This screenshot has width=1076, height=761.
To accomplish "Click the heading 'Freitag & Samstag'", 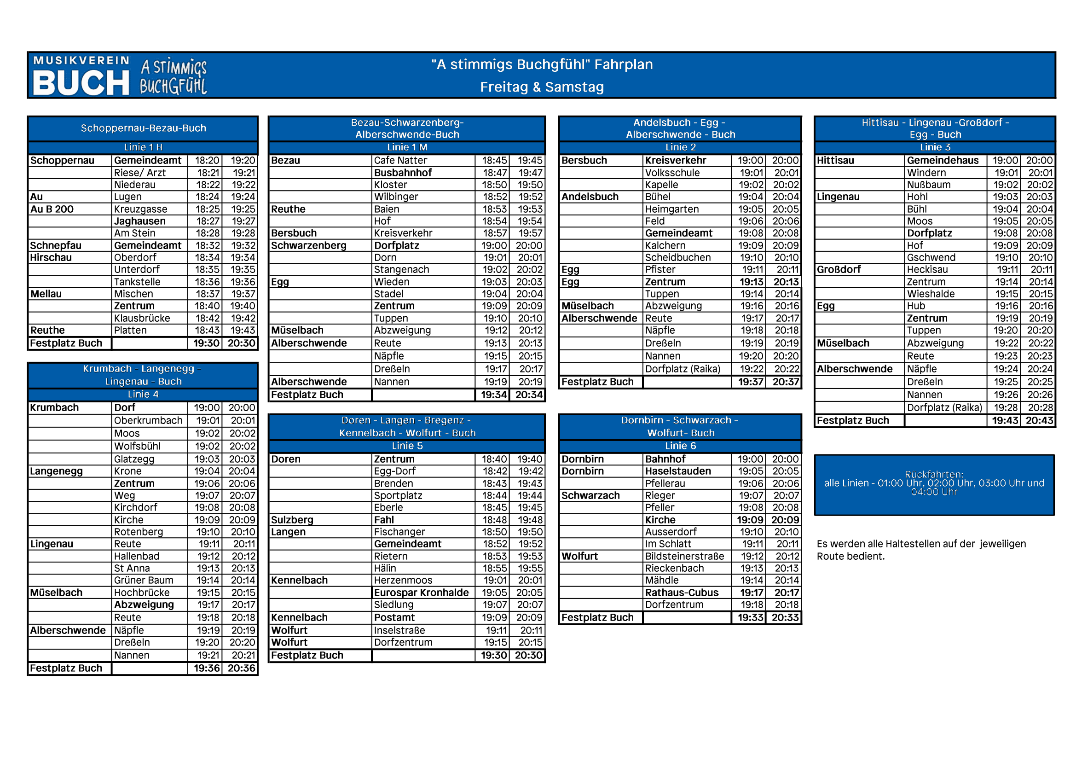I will [x=542, y=87].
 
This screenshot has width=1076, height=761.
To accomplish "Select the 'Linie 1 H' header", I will [x=143, y=147].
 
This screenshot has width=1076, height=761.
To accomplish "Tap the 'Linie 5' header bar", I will [x=407, y=446].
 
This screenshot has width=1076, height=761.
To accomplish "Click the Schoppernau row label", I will [x=62, y=160].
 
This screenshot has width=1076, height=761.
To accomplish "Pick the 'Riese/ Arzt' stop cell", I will [x=139, y=173].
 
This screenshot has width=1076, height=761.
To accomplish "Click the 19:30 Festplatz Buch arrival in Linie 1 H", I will [x=206, y=343].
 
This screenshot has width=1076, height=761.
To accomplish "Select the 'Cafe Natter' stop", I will [x=400, y=160].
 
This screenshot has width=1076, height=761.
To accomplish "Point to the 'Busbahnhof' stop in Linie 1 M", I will [x=403, y=173].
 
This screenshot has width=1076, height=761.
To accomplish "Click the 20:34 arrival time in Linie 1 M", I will [x=529, y=395].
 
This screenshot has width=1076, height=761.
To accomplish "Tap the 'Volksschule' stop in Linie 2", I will [x=672, y=173].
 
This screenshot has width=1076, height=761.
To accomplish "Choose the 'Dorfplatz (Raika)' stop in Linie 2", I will [x=683, y=369].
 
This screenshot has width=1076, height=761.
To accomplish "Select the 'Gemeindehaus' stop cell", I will [x=943, y=160].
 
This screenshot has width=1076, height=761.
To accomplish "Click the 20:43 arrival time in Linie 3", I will [x=1039, y=421].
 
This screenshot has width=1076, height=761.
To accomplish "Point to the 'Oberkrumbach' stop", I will [x=148, y=421].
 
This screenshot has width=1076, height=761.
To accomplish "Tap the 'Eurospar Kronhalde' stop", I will [x=421, y=593].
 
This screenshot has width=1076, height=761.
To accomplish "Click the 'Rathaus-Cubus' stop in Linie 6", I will [x=682, y=593].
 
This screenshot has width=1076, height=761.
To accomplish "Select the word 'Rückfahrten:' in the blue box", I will [x=934, y=475].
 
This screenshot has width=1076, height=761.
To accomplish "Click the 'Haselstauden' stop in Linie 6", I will [x=677, y=471].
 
